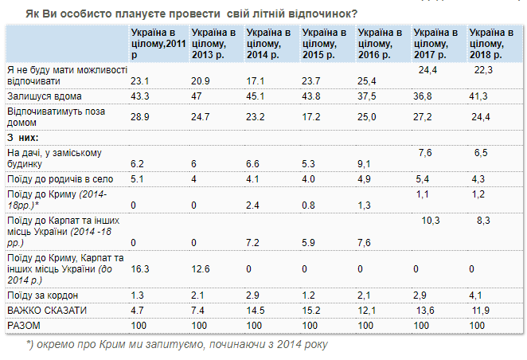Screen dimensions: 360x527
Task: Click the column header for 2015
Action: point(322,43)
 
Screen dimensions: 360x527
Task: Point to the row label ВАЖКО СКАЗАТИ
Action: point(48,308)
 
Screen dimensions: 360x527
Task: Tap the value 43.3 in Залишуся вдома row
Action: point(141,96)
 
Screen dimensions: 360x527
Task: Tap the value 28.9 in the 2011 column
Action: point(141,116)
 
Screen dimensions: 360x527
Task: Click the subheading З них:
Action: point(25,138)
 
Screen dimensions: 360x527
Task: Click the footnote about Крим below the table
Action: point(176,344)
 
